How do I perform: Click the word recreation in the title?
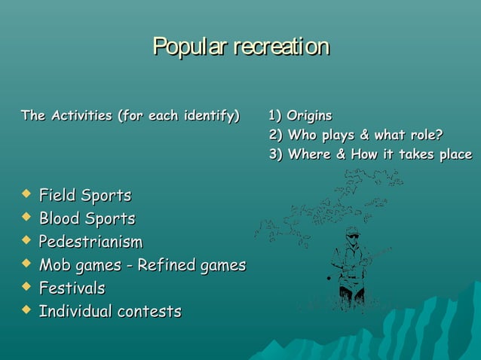(x=281, y=47)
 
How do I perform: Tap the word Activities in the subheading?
(x=81, y=116)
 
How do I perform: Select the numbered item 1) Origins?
(x=301, y=116)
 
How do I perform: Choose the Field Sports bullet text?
(x=85, y=196)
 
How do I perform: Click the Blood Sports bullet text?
(x=87, y=219)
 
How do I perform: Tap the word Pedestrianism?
(x=90, y=242)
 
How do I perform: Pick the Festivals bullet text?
(x=72, y=288)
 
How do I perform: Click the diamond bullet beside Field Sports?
(x=27, y=195)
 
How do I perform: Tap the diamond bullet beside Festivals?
(x=27, y=288)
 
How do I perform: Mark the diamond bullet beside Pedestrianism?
(x=27, y=241)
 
